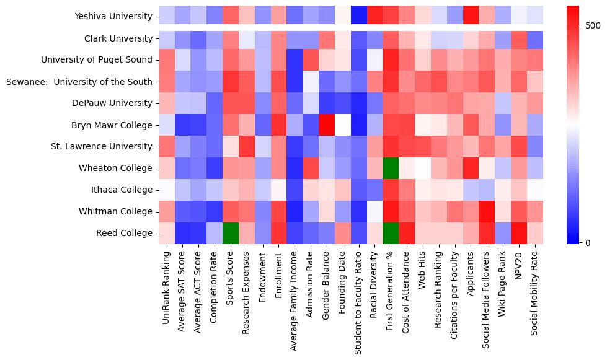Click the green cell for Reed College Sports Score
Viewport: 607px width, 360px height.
[x=231, y=233]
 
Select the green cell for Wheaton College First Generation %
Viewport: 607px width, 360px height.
[x=391, y=168]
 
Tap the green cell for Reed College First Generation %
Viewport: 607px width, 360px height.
[x=391, y=233]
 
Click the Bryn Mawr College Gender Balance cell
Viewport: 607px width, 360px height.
[x=327, y=125]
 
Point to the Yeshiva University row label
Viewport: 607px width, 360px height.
[x=113, y=16]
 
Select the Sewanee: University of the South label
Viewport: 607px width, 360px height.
[x=79, y=81]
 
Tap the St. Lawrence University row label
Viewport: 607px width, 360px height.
[x=102, y=146]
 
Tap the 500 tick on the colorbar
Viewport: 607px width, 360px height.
[x=593, y=25]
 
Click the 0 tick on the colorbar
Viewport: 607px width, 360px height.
[x=588, y=242]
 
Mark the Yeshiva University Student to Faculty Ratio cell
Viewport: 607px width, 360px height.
[x=360, y=16]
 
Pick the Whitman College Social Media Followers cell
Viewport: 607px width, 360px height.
[x=487, y=211]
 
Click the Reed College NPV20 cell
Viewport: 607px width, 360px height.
[x=520, y=233]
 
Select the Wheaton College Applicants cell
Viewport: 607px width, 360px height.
[x=471, y=168]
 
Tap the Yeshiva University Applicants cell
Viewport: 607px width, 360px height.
[x=471, y=16]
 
